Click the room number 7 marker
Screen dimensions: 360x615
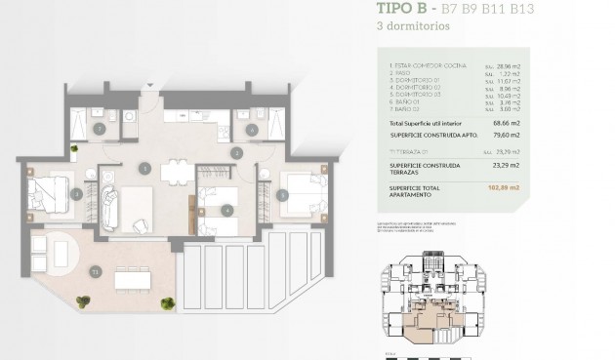(x=99, y=129)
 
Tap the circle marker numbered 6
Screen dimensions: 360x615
(x=252, y=129)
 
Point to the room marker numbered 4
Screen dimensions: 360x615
(x=226, y=209)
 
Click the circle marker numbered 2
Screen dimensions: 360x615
(x=236, y=151)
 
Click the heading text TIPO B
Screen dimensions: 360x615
(x=404, y=10)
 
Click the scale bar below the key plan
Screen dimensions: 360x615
(x=395, y=354)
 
